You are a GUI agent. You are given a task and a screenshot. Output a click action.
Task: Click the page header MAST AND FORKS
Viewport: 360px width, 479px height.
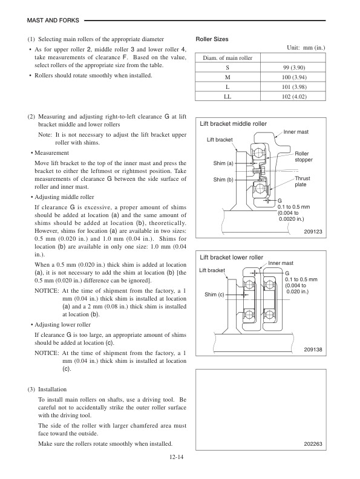coord(53,20)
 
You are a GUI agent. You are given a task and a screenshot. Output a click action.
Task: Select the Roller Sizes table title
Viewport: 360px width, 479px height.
coord(212,39)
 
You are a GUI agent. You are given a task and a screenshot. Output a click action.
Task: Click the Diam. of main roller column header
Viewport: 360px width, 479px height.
coord(226,58)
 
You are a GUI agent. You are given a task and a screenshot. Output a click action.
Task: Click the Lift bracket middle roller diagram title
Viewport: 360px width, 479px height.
coord(233,123)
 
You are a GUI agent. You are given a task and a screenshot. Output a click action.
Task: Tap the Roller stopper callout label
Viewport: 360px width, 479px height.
coord(303,157)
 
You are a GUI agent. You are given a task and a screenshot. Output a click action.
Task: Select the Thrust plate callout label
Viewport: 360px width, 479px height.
coord(302,181)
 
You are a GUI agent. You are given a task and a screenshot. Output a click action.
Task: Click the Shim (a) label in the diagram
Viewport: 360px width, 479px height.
coord(223,164)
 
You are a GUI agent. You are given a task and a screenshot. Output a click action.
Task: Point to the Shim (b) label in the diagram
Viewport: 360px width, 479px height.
coord(223,180)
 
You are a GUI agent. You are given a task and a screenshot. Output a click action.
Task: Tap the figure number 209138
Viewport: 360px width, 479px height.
coord(312,350)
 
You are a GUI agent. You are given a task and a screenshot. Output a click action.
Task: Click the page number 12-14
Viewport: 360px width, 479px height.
coord(178,458)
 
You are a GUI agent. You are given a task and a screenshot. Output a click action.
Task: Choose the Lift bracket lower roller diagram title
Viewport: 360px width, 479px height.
coord(231,258)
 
